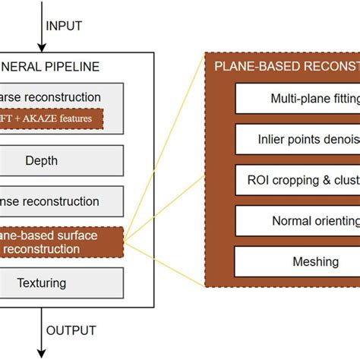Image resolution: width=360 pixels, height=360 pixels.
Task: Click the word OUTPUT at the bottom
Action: pos(71,330)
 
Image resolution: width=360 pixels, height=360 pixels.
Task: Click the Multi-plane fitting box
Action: pos(298,99)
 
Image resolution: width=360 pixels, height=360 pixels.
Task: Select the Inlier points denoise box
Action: pos(298,140)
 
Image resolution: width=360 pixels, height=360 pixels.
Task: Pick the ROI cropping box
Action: pos(298,180)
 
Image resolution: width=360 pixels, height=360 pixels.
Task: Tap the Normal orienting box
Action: pos(298,221)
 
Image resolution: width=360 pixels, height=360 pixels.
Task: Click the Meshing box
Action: pos(298,261)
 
